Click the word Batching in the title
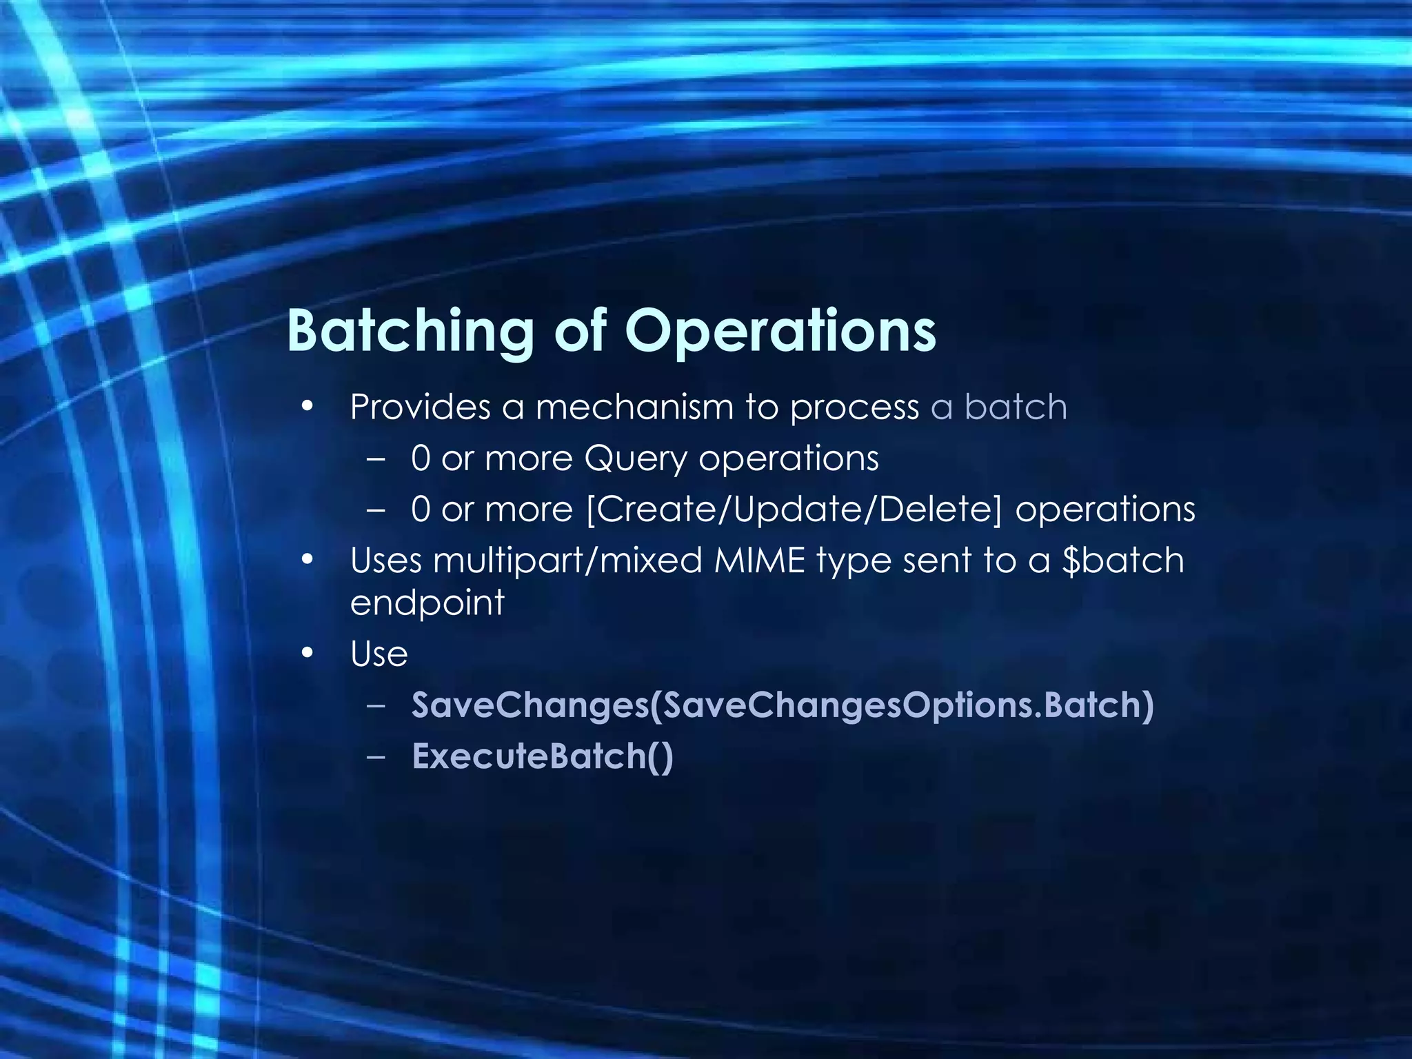point(410,331)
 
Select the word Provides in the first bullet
point(420,407)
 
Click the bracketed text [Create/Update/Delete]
point(794,510)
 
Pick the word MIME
point(760,560)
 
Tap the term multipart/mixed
point(567,561)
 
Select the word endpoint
point(427,603)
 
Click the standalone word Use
point(379,654)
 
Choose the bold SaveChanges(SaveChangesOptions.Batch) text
point(783,705)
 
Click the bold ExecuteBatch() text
point(543,756)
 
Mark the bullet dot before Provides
point(307,407)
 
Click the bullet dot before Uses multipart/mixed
point(307,560)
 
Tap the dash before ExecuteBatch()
point(376,756)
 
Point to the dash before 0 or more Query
point(376,458)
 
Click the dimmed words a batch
point(998,407)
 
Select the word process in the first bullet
point(854,408)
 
